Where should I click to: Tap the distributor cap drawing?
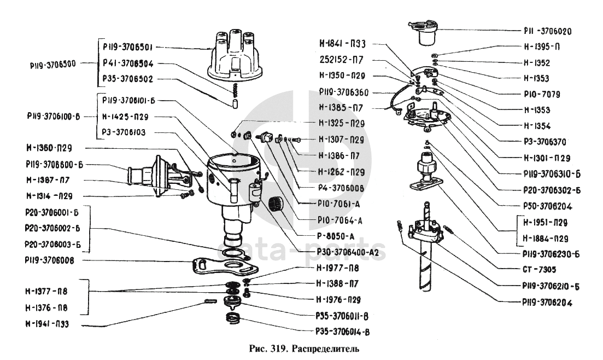pos(228,56)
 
